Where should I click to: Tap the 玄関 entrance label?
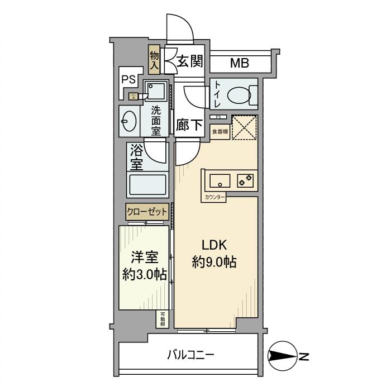[x=190, y=62]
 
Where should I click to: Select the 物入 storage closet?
[x=155, y=60]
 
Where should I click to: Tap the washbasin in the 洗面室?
[x=128, y=121]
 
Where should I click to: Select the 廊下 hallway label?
[x=189, y=125]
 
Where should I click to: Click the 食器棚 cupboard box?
[x=220, y=131]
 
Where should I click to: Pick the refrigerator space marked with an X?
[x=244, y=127]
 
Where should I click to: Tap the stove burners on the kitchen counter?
[x=245, y=180]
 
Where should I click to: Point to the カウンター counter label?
[x=214, y=197]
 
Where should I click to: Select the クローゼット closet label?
[x=147, y=212]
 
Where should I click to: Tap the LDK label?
[x=213, y=245]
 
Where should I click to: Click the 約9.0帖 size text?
[x=214, y=262]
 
